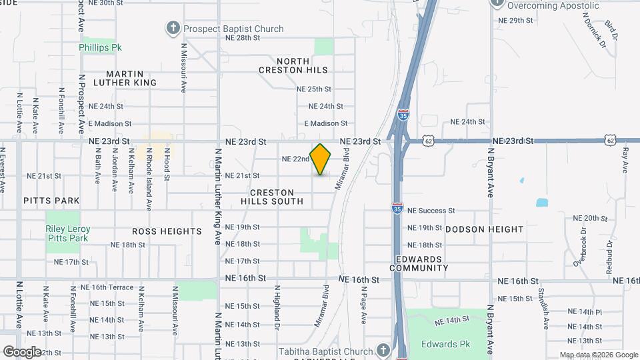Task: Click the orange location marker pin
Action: click(321, 159)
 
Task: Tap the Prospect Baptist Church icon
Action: click(173, 28)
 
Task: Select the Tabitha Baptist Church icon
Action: click(383, 351)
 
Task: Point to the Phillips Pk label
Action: click(100, 48)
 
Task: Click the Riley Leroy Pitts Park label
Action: click(67, 233)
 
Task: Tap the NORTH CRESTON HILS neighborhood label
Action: click(293, 65)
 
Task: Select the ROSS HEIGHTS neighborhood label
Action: click(167, 231)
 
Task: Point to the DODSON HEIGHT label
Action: click(485, 229)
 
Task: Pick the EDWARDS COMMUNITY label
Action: click(421, 263)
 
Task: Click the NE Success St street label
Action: click(431, 211)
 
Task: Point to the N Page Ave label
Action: click(364, 305)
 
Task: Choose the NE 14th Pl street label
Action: click(585, 312)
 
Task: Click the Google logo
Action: click(23, 351)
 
